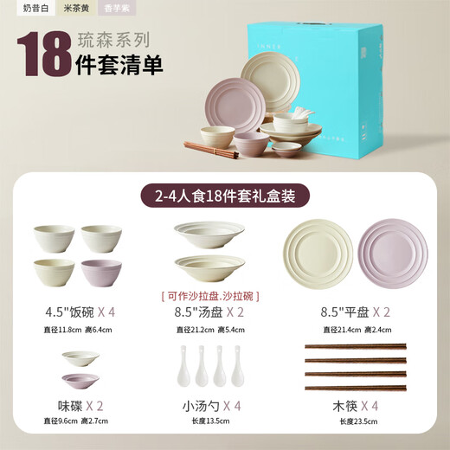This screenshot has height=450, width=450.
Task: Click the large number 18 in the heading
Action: (44, 52)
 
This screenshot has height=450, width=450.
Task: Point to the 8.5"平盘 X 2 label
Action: (356, 312)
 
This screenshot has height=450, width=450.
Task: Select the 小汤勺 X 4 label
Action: (208, 404)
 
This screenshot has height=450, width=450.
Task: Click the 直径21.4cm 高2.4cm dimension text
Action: (356, 330)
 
